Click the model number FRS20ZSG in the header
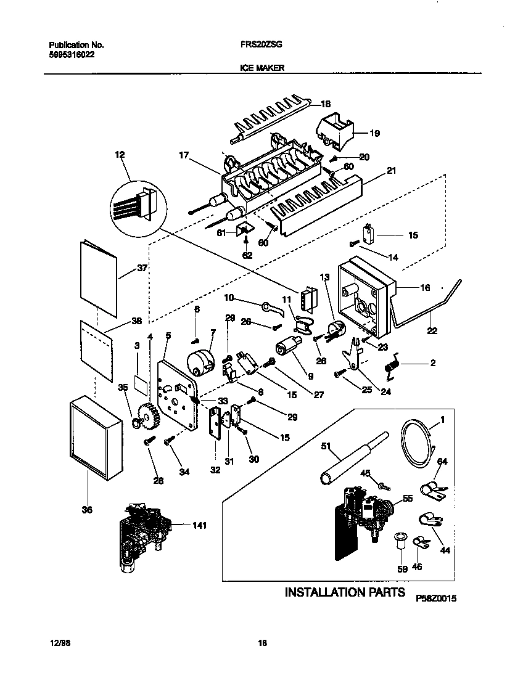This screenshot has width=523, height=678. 257,45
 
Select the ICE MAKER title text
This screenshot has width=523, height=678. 261,69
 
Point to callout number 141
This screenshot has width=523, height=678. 199,525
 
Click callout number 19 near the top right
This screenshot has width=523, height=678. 375,133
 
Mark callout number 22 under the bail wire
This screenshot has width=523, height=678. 432,331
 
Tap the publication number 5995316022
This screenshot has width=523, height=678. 72,54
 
